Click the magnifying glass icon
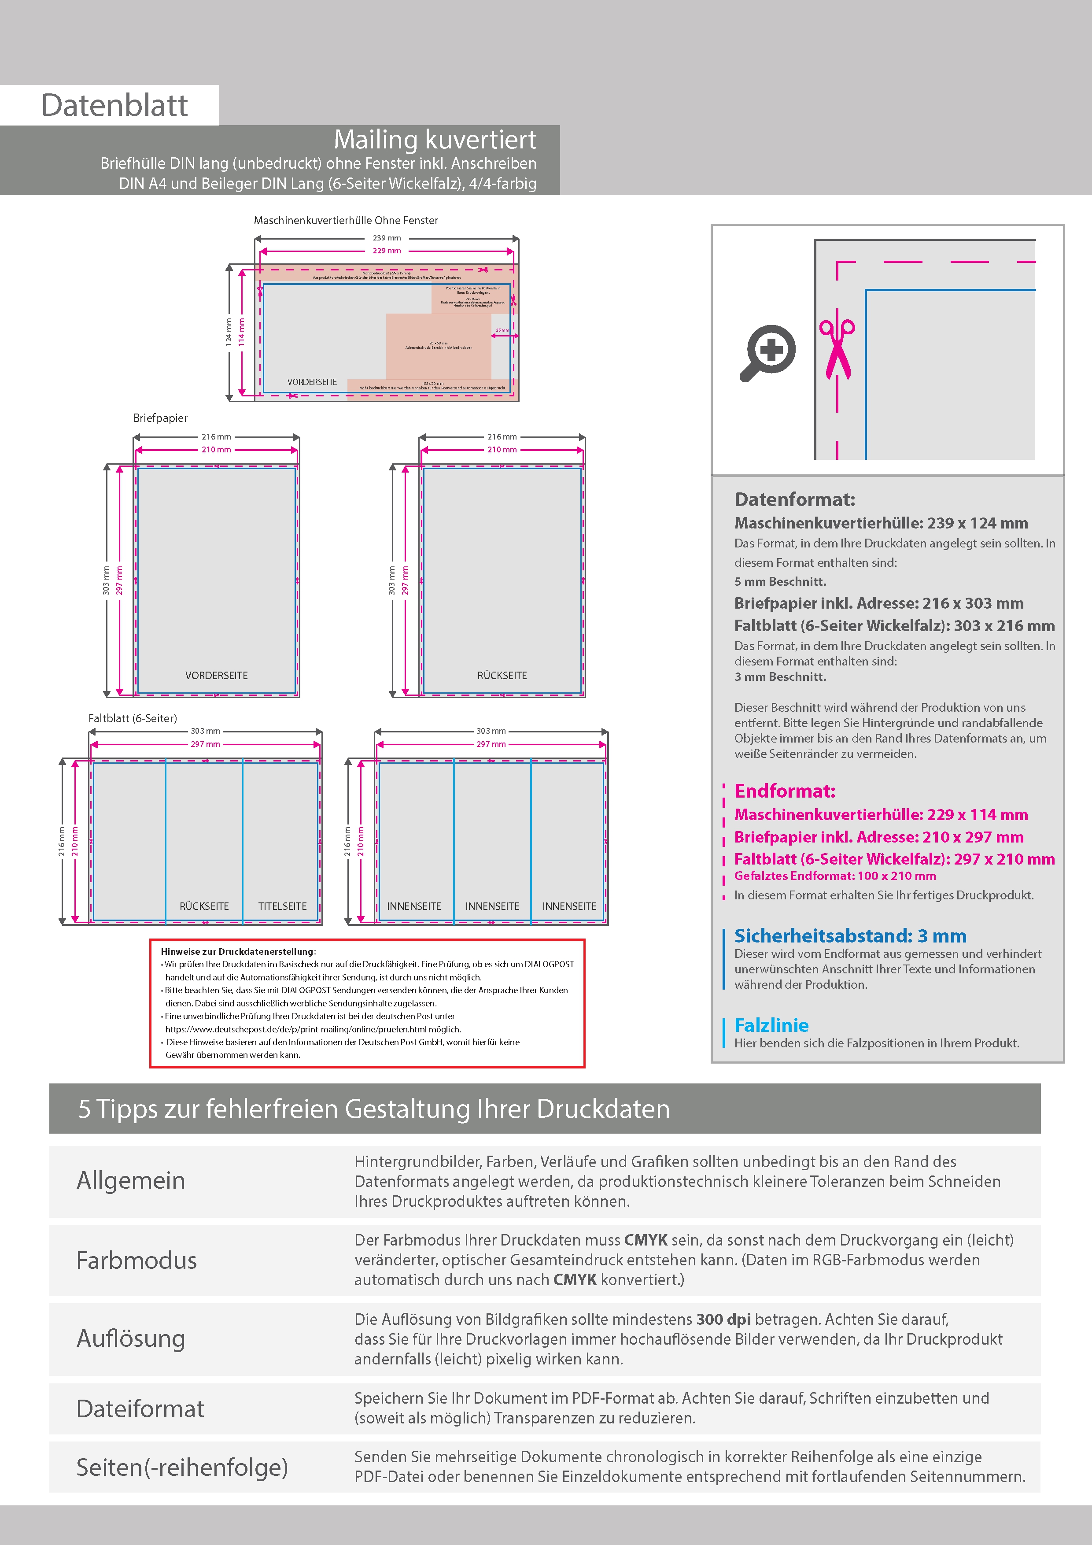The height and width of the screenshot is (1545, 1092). point(768,352)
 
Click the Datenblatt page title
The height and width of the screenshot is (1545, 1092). point(114,106)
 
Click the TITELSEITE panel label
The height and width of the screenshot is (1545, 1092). point(282,906)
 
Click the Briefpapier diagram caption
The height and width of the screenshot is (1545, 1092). point(160,418)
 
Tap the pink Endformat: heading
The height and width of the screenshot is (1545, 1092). point(785,791)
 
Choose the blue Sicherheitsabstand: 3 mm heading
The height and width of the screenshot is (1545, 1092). point(850,935)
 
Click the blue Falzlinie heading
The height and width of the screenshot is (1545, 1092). point(771,1025)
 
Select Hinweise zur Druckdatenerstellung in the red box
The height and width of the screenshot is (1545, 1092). point(238,951)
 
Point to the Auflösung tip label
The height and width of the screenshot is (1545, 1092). point(130,1338)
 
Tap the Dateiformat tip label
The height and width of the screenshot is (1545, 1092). point(140,1408)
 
